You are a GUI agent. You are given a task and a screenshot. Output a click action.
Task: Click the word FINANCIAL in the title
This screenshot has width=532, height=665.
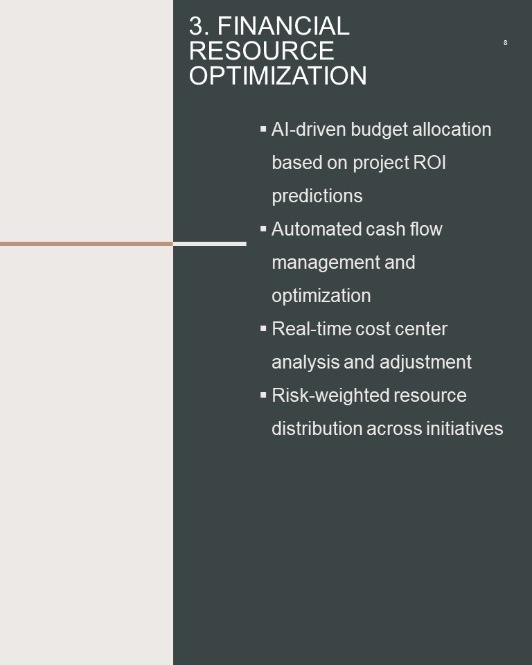pyautogui.click(x=283, y=26)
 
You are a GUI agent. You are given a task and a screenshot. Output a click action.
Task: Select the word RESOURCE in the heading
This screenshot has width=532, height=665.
pyautogui.click(x=261, y=51)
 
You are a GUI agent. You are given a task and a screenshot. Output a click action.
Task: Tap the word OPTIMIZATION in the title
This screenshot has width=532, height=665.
pyautogui.click(x=278, y=76)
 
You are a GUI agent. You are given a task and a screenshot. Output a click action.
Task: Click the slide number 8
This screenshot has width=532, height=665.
pyautogui.click(x=505, y=42)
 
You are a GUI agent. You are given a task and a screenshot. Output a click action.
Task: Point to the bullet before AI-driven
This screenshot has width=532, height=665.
pyautogui.click(x=263, y=129)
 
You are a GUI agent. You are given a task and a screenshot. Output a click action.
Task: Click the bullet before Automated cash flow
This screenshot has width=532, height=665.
pyautogui.click(x=263, y=229)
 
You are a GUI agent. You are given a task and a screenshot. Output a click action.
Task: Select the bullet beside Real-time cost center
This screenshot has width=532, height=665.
pyautogui.click(x=263, y=328)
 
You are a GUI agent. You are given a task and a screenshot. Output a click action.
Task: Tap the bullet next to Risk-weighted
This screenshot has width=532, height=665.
pyautogui.click(x=263, y=395)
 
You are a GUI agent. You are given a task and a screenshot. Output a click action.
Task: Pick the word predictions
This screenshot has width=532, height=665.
pyautogui.click(x=317, y=196)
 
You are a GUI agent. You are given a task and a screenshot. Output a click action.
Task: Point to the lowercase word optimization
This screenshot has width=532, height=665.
pyautogui.click(x=321, y=296)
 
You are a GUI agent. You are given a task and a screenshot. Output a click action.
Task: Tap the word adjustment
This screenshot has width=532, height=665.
pyautogui.click(x=425, y=362)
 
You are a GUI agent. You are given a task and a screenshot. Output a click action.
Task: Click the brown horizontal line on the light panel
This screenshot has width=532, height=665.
pyautogui.click(x=87, y=244)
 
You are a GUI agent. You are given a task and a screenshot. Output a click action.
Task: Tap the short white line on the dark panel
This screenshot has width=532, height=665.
pyautogui.click(x=210, y=244)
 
